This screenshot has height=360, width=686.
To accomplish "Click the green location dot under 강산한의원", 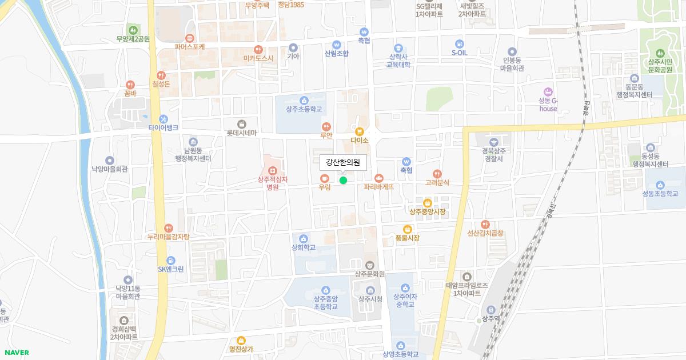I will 343,181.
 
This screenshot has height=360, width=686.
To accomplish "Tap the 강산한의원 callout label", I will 342,162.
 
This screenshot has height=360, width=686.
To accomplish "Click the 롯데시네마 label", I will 242,133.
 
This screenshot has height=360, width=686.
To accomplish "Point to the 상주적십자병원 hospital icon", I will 273,170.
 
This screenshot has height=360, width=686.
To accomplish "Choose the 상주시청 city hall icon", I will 370,290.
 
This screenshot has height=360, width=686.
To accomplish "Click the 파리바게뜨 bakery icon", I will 378,177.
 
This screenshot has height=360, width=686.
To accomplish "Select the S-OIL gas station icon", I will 460,43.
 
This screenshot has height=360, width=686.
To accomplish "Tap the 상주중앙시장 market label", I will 427,212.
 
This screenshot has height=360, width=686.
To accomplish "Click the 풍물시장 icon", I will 408,229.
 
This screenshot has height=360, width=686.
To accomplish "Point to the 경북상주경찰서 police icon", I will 493,142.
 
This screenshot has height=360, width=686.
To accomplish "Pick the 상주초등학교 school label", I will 304,109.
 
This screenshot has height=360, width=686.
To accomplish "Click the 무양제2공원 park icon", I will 133,30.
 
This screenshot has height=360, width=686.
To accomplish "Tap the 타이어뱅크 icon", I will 163,119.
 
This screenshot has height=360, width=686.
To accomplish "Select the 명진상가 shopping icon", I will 241,341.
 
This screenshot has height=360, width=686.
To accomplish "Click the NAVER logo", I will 15,353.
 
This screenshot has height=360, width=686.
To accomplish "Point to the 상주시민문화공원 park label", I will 662,66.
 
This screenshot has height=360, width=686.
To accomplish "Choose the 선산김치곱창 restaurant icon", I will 485,224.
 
